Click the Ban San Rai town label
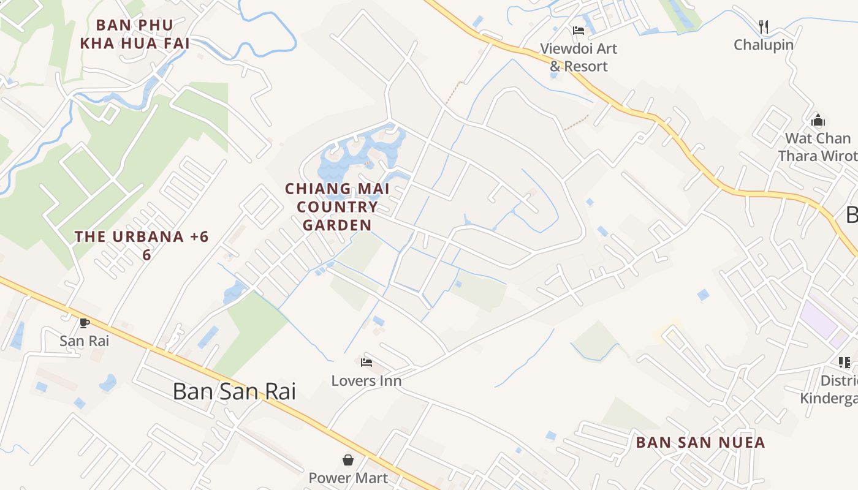click(x=234, y=391)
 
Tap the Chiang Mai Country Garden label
click(x=337, y=207)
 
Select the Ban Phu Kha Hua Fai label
click(x=135, y=34)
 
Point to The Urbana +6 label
click(x=142, y=244)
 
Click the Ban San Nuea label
click(x=700, y=442)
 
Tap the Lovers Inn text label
click(x=366, y=381)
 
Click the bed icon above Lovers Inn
click(x=366, y=363)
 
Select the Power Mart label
click(x=348, y=478)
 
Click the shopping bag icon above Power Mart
click(x=348, y=459)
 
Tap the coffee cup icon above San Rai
click(x=85, y=323)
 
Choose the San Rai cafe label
click(x=85, y=341)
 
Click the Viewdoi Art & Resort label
click(x=579, y=57)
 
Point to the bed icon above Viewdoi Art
click(x=579, y=31)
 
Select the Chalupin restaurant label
click(x=764, y=45)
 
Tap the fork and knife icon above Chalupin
click(x=764, y=26)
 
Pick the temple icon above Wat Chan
click(x=818, y=120)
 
